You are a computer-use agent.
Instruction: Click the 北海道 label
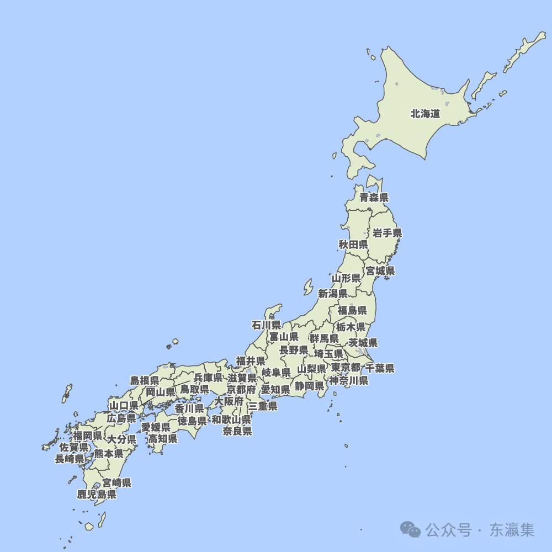pos(425,114)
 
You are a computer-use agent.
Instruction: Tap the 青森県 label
pos(374,197)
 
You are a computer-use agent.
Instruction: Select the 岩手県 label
pos(387,233)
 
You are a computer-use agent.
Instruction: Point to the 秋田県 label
pos(353,244)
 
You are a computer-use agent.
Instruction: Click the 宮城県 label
pos(380,270)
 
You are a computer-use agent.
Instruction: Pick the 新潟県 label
pos(332,293)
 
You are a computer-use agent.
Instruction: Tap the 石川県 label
pos(266,325)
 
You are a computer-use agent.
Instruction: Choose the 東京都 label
pos(346,368)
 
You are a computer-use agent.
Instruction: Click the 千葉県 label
pos(380,368)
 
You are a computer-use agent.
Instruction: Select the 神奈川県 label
pos(349,380)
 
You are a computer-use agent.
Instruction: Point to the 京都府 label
pos(241,389)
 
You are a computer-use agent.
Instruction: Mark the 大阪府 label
pos(229,401)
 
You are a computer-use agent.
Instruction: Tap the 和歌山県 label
pos(231,420)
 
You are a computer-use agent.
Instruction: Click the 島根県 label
pos(145,380)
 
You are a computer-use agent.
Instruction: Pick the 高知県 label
pos(162,438)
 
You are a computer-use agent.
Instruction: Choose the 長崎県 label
pos(70,458)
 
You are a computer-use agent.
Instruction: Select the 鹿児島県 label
pos(97,494)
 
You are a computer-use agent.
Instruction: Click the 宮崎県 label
pos(117,483)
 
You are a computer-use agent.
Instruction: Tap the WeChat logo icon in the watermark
pos(411,530)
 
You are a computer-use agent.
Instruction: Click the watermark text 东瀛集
pos(512,530)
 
